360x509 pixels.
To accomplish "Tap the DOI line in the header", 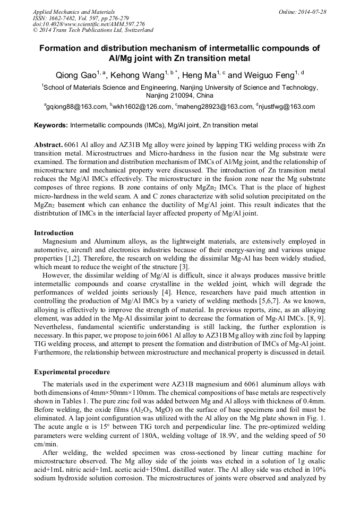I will click(89, 24).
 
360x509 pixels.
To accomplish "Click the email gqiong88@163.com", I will click(76, 107).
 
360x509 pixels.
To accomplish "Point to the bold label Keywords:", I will click(51, 126).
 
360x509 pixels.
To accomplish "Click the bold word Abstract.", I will click(48, 145).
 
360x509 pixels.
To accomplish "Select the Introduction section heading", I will click(54, 233).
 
